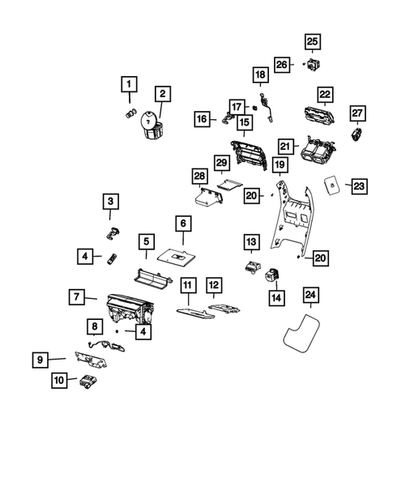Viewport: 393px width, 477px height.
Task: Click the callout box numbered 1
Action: pos(128,83)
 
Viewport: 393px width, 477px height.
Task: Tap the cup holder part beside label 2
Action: pos(152,127)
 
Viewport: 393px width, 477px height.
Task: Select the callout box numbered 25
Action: pos(313,41)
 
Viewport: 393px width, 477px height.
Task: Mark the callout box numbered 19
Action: pos(279,166)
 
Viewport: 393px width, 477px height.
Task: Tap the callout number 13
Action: pos(251,242)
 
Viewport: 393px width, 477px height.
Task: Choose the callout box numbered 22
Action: pos(325,95)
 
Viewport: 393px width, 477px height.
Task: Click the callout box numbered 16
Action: pos(201,119)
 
